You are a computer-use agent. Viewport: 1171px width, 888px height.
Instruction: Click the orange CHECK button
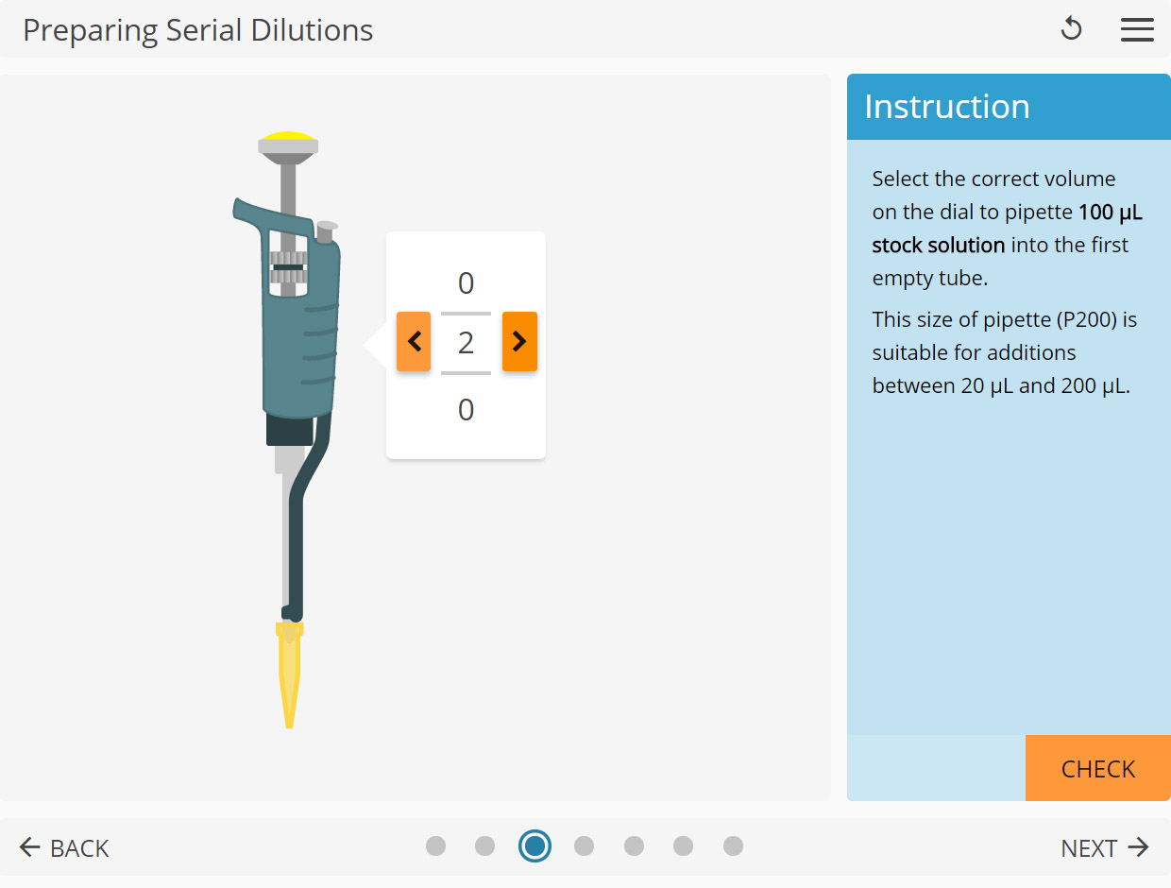(x=1097, y=769)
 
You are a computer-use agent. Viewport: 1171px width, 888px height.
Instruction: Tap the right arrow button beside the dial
(x=519, y=342)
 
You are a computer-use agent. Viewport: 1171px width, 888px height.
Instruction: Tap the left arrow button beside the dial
(x=414, y=342)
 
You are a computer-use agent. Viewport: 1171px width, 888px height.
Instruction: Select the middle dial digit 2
(x=466, y=343)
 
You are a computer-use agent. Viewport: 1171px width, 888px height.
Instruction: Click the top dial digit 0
(x=466, y=283)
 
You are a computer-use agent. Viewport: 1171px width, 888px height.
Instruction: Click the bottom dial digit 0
(x=466, y=410)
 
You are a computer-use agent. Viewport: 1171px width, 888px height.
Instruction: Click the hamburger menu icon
(x=1137, y=29)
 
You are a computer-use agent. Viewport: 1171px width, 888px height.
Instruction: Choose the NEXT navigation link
(x=1104, y=848)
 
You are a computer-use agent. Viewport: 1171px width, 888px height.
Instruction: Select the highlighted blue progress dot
(x=535, y=845)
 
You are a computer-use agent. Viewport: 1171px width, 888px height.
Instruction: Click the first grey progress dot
(x=435, y=845)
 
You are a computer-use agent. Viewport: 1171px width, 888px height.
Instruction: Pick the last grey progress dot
(x=733, y=845)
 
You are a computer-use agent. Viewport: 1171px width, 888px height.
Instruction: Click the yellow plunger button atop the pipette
(x=288, y=137)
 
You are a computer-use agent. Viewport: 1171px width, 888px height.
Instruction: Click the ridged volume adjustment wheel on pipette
(x=288, y=267)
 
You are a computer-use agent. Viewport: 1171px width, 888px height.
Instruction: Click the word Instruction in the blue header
(x=947, y=107)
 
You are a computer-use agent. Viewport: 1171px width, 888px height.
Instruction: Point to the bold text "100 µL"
(x=1110, y=212)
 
